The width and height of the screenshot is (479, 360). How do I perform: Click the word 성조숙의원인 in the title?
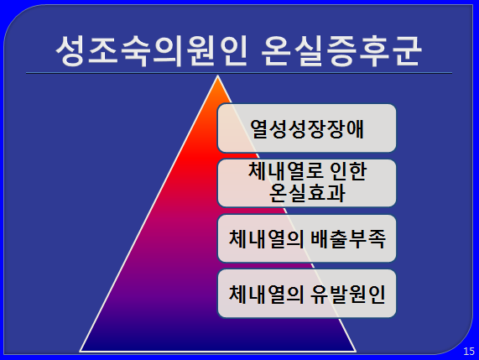pyautogui.click(x=151, y=51)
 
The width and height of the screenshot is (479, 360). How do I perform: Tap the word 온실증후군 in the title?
pyautogui.click(x=341, y=51)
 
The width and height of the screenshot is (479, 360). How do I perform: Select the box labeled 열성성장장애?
pyautogui.click(x=307, y=128)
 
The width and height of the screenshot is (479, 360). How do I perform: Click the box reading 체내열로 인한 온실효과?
pyautogui.click(x=307, y=183)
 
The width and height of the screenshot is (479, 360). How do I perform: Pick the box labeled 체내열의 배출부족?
pyautogui.click(x=307, y=238)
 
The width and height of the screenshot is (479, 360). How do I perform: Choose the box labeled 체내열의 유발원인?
pyautogui.click(x=307, y=294)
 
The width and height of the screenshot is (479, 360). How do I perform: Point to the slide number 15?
pyautogui.click(x=469, y=351)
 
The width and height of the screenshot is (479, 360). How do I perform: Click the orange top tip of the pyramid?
pyautogui.click(x=217, y=76)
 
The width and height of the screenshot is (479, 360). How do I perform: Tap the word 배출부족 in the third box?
pyautogui.click(x=348, y=238)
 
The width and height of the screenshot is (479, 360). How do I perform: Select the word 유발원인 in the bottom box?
pyautogui.click(x=348, y=294)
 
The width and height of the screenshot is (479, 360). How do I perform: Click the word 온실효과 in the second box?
pyautogui.click(x=307, y=192)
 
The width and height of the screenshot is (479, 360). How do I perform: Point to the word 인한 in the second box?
pyautogui.click(x=345, y=170)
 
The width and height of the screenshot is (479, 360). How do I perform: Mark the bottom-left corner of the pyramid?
pyautogui.click(x=80, y=352)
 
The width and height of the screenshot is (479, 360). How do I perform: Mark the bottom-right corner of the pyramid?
pyautogui.click(x=357, y=352)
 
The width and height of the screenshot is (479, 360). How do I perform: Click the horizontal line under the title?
pyautogui.click(x=239, y=73)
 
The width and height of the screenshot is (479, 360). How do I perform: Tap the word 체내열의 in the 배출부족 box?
pyautogui.click(x=266, y=238)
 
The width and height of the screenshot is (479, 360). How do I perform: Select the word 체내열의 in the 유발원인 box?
pyautogui.click(x=266, y=294)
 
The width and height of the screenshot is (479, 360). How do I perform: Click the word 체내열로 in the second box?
pyautogui.click(x=283, y=170)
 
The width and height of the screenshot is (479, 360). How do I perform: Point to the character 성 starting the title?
pyautogui.click(x=70, y=51)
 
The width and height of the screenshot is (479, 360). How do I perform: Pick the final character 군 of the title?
pyautogui.click(x=407, y=51)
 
